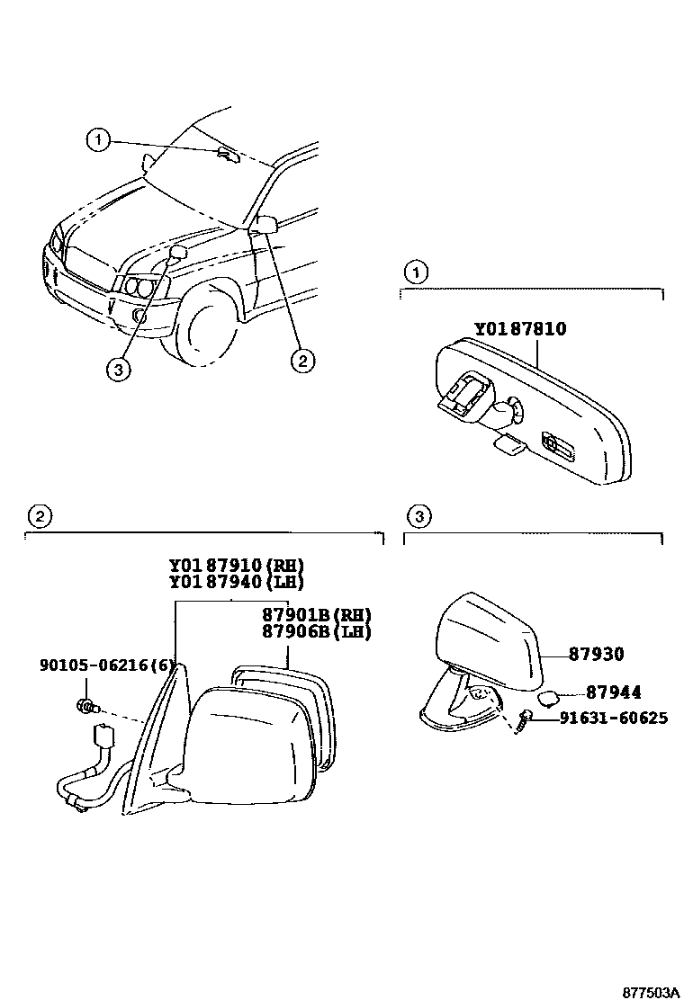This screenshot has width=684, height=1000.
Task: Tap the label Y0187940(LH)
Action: [x=237, y=582]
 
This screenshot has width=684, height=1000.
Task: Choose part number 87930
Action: [x=595, y=655]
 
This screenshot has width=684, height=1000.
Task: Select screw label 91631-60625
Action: [x=613, y=719]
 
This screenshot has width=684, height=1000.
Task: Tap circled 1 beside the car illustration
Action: [x=98, y=139]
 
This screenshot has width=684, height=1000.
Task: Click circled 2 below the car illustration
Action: [x=301, y=361]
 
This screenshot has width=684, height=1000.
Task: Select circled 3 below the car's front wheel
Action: [x=116, y=368]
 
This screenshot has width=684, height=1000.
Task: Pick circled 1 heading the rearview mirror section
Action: [x=415, y=271]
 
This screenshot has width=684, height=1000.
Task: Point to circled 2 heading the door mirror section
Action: [x=39, y=516]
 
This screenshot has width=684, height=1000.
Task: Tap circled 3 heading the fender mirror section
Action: [x=418, y=516]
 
